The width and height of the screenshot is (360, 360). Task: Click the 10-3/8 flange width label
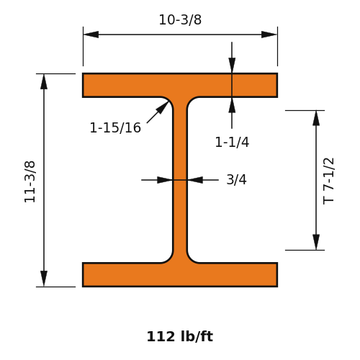pos(180,19)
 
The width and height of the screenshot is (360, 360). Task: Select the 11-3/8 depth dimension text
pos(30,181)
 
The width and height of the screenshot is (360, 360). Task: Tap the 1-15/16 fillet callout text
pos(115,127)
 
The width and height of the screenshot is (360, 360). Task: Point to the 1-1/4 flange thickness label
pos(232,142)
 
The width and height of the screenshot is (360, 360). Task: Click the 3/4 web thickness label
pos(236,179)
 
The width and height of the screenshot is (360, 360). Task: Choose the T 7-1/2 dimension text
pos(328,181)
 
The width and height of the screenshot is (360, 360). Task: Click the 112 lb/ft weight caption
pos(180,336)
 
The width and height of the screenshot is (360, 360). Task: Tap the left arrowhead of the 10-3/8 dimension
pos(91,35)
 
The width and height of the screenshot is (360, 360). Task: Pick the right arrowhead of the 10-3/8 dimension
pos(269,35)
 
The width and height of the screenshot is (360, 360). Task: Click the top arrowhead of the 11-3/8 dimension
pos(44,81)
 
